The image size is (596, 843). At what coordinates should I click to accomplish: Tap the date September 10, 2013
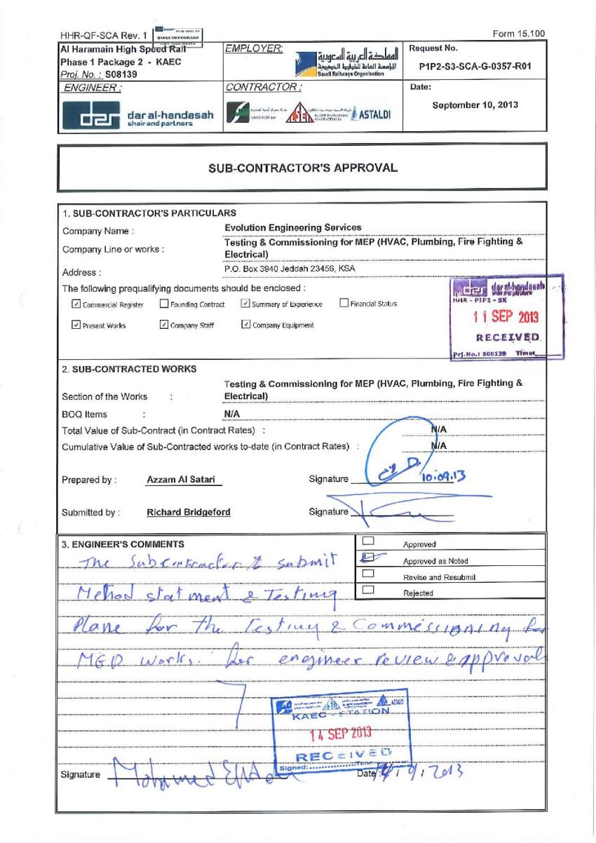pos(474,104)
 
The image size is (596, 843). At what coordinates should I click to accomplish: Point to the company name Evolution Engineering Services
pos(293,227)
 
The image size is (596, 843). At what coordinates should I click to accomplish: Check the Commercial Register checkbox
pos(76,304)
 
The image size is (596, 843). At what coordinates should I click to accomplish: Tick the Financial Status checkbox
pos(344,304)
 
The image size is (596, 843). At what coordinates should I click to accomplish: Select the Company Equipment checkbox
pos(245,325)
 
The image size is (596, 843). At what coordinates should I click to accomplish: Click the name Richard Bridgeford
pos(188,512)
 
